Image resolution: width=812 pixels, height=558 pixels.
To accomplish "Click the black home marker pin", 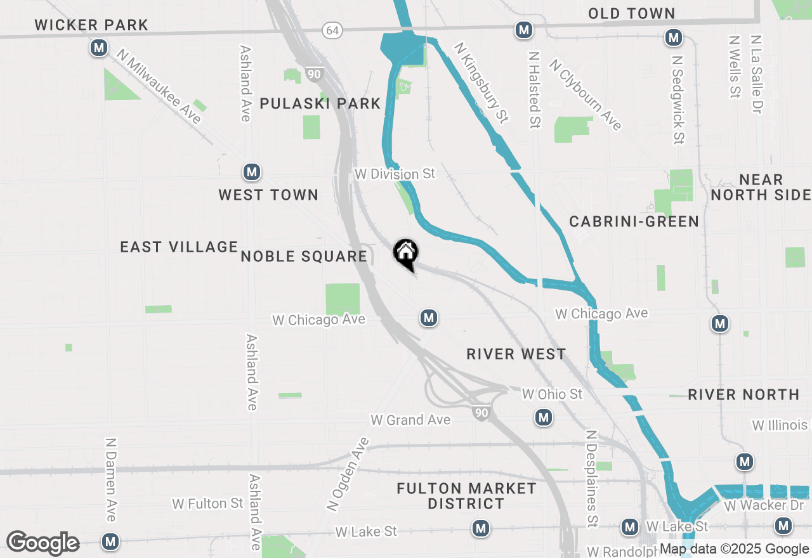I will (406, 254).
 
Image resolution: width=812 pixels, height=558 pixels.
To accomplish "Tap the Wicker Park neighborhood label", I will (91, 25).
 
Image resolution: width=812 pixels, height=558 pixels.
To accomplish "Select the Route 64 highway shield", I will (331, 30).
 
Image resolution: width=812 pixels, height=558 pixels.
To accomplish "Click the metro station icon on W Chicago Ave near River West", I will (429, 318).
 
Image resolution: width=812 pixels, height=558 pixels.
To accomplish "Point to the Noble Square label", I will (304, 256).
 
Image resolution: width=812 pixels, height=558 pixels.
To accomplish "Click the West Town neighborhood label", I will (268, 195).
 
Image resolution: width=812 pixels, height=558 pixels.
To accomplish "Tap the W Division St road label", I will (395, 174).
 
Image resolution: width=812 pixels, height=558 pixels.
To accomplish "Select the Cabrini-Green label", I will (634, 221).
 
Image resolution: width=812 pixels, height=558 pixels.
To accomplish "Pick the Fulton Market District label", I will (466, 496).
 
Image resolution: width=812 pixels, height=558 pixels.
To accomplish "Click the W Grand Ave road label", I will (410, 420).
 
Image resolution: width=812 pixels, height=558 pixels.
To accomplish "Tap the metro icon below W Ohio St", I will (542, 417).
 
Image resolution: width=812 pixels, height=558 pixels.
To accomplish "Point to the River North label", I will (743, 394).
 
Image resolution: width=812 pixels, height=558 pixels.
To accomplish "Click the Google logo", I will (43, 543).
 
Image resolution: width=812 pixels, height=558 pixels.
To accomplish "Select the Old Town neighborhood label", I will (631, 13).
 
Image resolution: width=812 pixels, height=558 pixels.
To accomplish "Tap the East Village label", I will (179, 247).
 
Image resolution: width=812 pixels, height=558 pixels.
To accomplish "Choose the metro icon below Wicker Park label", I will (98, 48).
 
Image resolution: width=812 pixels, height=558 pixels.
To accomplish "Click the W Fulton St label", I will (207, 503).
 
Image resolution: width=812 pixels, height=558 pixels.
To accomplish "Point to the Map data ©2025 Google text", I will (734, 549).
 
